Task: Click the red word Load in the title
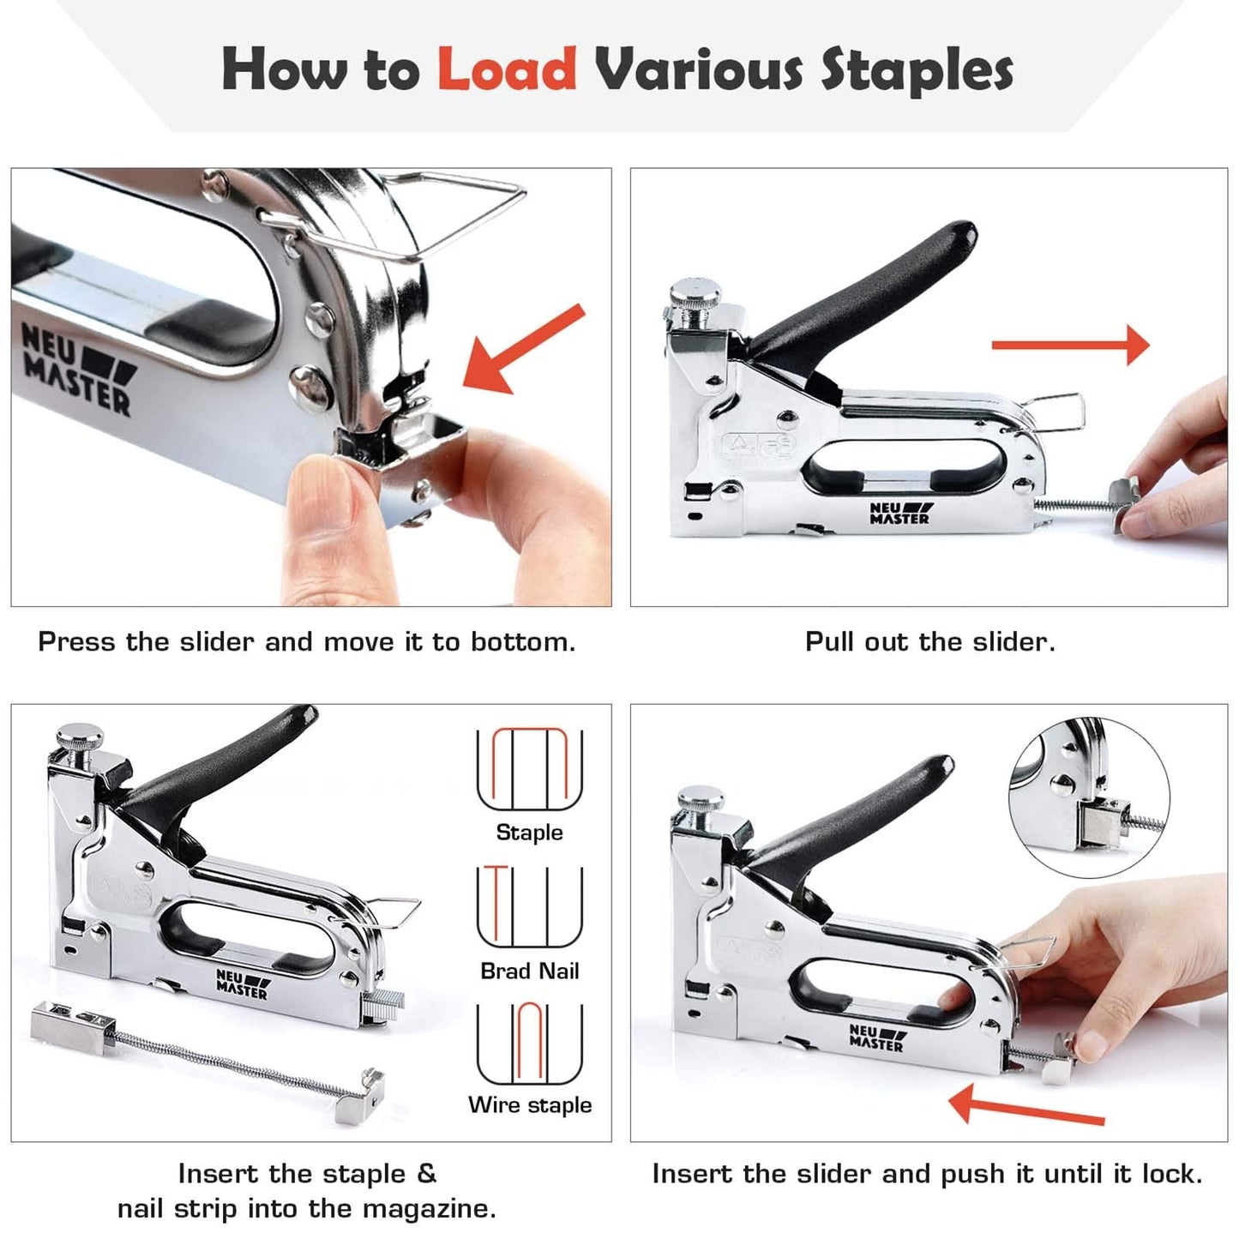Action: coord(507,69)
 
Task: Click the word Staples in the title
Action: coord(917,70)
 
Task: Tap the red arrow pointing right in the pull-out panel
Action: coord(1070,345)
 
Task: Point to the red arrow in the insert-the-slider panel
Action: coord(1025,1105)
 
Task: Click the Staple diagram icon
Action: coord(530,769)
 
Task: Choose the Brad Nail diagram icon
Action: coord(530,906)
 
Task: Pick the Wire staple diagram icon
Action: coord(530,1044)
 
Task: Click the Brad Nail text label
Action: coord(530,971)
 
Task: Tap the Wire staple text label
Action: coord(530,1104)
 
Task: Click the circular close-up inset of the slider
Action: coord(1088,798)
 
